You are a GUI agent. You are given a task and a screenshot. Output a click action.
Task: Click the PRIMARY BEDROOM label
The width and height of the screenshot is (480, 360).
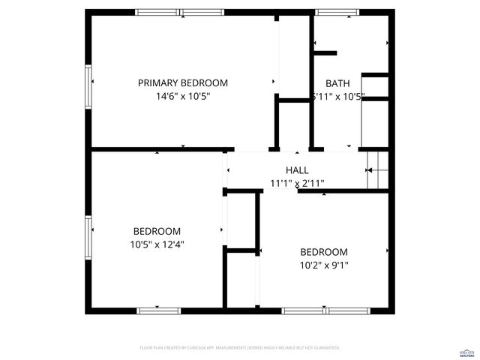182,83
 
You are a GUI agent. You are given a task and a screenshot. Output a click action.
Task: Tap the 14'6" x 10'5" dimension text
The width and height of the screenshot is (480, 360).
182,96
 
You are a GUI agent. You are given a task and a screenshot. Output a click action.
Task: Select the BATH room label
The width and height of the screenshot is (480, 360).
337,83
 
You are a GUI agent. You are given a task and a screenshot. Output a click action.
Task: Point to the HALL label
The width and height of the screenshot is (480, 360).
297,170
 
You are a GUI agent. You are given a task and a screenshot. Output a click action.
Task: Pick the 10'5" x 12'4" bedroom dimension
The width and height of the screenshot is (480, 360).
157,244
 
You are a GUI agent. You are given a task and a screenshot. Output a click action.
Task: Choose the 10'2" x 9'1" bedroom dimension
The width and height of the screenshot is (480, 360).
323,265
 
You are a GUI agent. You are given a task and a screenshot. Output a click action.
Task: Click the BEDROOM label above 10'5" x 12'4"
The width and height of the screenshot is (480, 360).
157,231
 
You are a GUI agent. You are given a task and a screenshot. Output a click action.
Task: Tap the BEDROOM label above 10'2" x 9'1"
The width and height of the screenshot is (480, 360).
323,252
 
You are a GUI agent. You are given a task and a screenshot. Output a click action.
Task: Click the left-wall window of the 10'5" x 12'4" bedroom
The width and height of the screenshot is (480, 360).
89,237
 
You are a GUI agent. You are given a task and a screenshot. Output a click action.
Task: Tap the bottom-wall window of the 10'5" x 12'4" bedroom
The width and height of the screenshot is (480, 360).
159,310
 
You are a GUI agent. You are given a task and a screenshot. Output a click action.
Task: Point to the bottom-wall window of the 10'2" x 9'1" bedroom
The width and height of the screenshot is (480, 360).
326,310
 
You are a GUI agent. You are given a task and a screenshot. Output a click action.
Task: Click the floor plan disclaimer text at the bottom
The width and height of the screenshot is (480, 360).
240,348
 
